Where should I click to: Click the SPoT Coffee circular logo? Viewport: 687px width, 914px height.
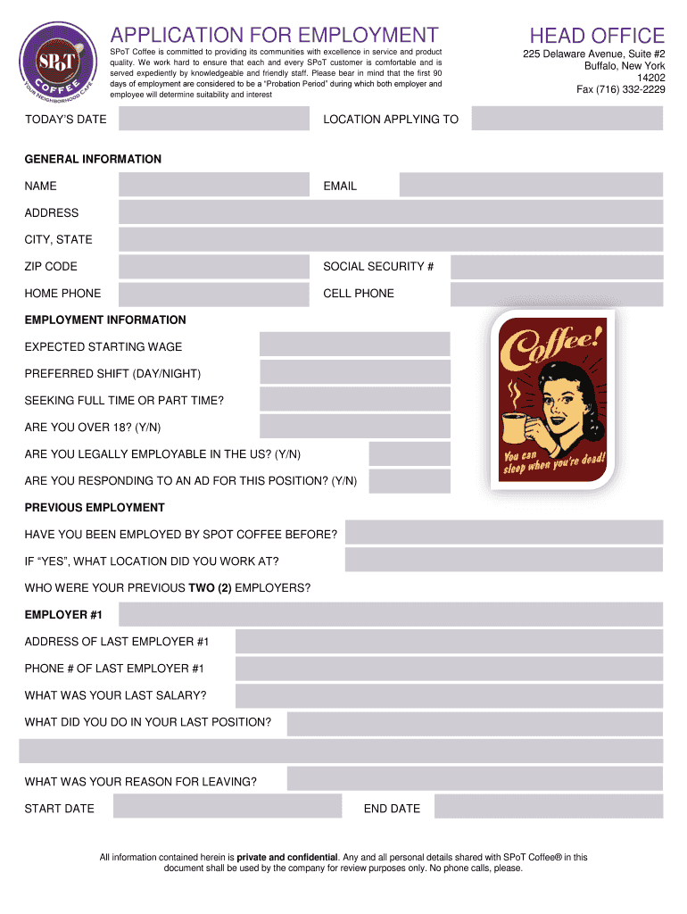[55, 64]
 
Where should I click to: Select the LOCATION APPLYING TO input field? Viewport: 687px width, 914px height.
[567, 119]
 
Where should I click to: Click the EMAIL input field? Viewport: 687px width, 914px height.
[531, 186]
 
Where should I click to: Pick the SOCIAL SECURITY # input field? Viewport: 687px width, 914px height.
[556, 267]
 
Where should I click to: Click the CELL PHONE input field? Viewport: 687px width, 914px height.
[556, 294]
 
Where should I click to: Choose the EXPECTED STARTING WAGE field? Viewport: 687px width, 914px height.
[354, 345]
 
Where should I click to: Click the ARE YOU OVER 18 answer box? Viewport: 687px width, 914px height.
[354, 427]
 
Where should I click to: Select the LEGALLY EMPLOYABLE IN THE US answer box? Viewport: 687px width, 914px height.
[397, 454]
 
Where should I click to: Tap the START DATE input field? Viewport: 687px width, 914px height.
[228, 807]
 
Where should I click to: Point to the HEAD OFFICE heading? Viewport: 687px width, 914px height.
[596, 36]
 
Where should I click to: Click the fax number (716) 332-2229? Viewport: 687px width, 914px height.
[620, 89]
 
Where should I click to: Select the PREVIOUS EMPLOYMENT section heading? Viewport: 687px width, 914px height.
[95, 508]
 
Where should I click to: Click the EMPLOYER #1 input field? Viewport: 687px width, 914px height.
[390, 615]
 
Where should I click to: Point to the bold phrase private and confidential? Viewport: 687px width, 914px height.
[287, 857]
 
